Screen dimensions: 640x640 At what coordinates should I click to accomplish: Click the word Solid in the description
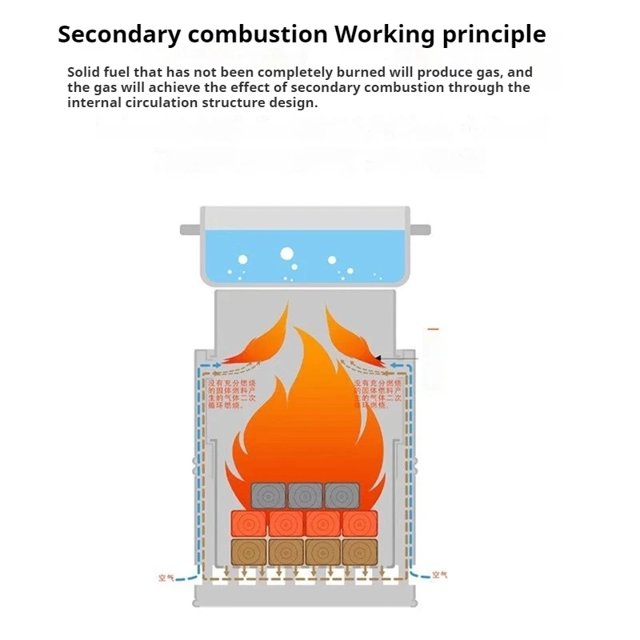[84, 72]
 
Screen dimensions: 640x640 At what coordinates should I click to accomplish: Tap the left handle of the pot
[190, 230]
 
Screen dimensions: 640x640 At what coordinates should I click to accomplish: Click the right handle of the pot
[420, 230]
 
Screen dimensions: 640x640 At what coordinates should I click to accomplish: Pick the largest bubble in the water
[286, 254]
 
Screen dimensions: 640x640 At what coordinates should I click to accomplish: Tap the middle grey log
[305, 495]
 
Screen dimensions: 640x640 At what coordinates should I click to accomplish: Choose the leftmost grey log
[269, 495]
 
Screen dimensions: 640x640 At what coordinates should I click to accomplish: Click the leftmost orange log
[248, 523]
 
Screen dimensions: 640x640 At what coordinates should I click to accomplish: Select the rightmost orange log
[359, 523]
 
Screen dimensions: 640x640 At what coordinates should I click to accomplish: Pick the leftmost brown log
[248, 552]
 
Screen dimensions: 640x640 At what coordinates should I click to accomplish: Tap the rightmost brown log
[359, 552]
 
